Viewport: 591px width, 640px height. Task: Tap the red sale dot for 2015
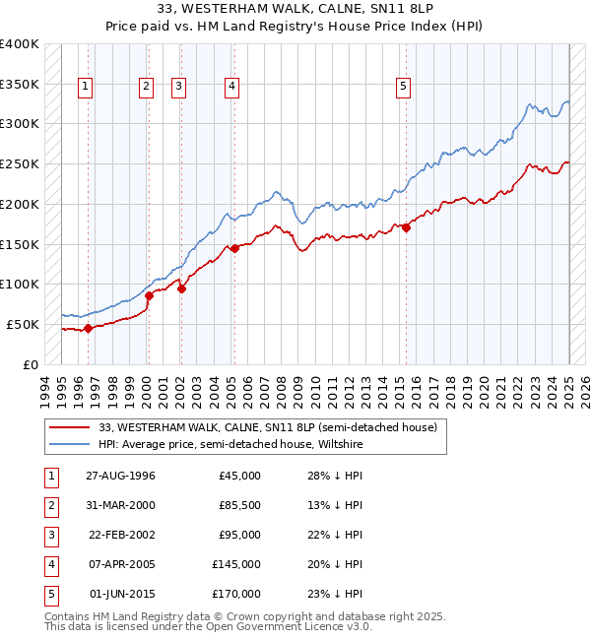[406, 227]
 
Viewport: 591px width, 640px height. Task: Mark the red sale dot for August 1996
[88, 328]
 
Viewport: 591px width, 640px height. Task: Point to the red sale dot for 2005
[234, 248]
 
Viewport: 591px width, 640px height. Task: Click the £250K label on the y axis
[20, 164]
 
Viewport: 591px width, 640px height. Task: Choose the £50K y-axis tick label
[23, 324]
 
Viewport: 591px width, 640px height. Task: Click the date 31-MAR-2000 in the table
[120, 505]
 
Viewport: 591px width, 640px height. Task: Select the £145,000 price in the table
[236, 564]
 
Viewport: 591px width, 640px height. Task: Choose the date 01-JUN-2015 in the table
[121, 594]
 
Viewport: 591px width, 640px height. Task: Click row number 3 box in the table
[50, 535]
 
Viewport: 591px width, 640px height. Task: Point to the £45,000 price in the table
[239, 476]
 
